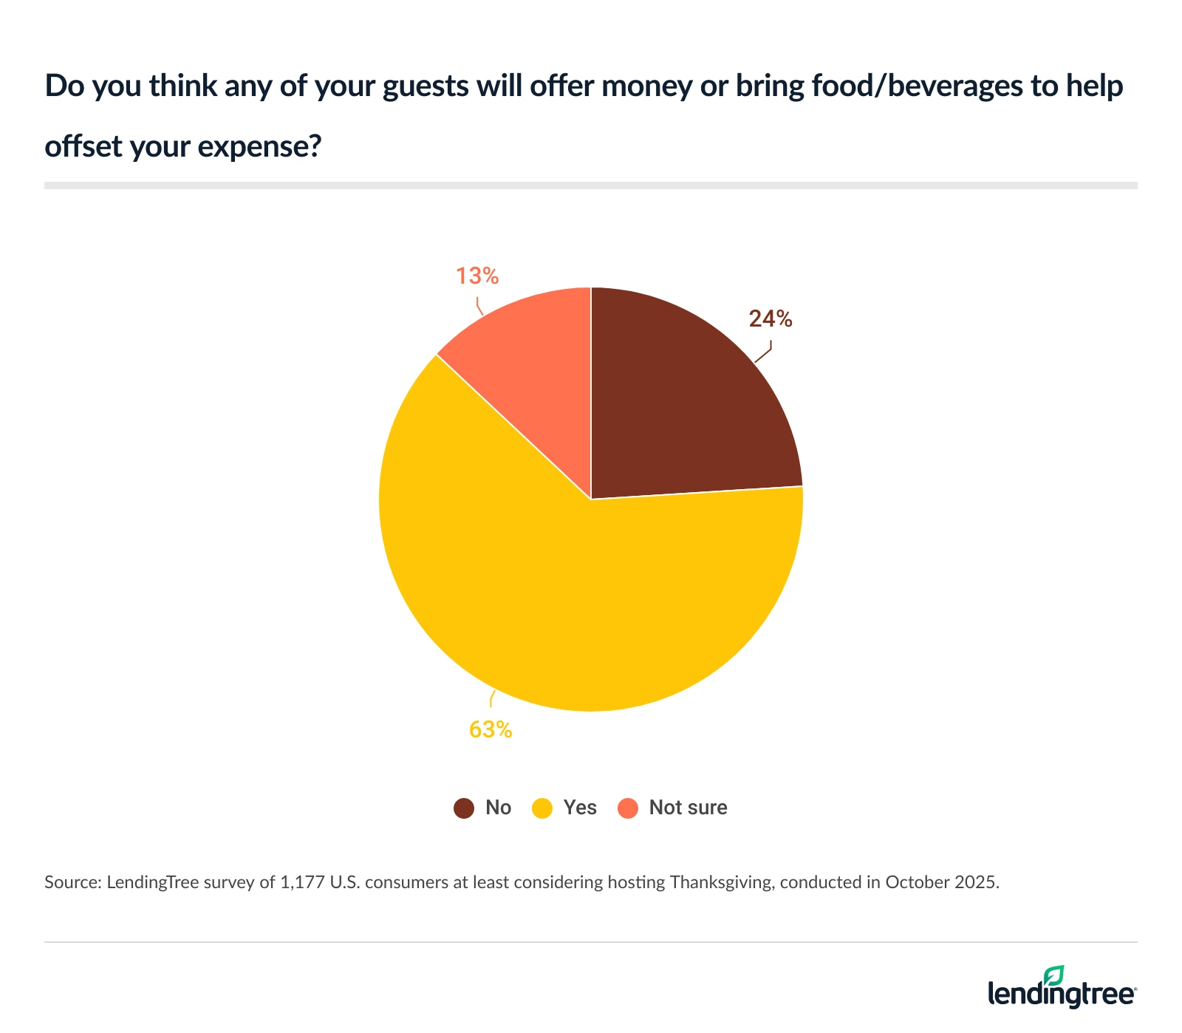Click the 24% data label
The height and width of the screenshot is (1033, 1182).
(771, 319)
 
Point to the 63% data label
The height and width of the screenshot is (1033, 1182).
(491, 730)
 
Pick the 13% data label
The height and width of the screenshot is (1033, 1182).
(477, 276)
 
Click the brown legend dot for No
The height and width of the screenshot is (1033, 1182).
(464, 808)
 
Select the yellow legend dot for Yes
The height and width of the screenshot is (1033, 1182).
(542, 808)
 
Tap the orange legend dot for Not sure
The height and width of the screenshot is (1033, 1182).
(628, 808)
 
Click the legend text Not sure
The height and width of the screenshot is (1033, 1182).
(688, 808)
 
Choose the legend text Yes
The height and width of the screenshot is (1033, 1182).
(580, 808)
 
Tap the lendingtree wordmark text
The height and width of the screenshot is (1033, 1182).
(1061, 994)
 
